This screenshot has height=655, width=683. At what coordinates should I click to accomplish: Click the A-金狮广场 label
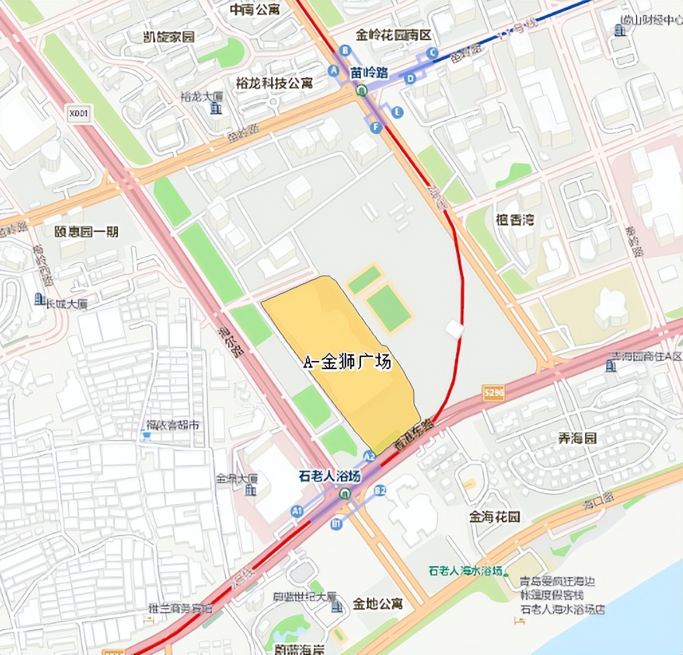click(x=346, y=362)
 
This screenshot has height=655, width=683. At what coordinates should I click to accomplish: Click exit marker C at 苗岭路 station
click(x=431, y=52)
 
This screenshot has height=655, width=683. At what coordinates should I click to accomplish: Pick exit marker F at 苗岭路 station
click(x=376, y=127)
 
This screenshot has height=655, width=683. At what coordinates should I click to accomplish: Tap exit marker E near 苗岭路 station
click(x=398, y=111)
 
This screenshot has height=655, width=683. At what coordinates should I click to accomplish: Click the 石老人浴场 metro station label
click(x=330, y=476)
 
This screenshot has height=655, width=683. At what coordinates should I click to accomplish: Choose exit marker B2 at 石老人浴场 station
click(x=380, y=491)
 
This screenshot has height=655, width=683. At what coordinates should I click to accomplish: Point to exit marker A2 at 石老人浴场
click(x=369, y=456)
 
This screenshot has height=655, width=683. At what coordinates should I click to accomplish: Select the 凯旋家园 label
click(x=169, y=37)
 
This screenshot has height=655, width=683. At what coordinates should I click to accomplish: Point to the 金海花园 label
click(x=495, y=517)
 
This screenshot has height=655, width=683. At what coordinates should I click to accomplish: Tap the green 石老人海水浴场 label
click(x=466, y=571)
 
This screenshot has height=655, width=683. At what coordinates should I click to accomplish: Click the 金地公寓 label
click(x=378, y=603)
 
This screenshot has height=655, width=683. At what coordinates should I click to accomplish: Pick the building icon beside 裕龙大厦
click(x=215, y=107)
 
